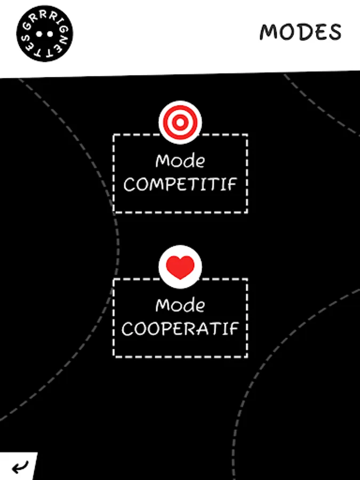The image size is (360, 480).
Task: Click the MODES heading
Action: [300, 32]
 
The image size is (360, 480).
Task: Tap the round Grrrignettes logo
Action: [45, 34]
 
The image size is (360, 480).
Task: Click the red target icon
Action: [180, 122]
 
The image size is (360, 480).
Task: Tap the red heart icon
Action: [180, 267]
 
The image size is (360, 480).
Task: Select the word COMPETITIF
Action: [180, 185]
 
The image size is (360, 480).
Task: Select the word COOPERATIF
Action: [180, 329]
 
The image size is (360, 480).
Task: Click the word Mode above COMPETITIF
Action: [180, 161]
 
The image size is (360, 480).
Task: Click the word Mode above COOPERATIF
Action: [180, 305]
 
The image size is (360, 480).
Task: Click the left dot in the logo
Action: [39, 34]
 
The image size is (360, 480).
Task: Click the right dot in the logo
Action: [50, 34]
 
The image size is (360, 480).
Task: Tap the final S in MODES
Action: [335, 32]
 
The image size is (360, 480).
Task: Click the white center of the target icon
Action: [180, 122]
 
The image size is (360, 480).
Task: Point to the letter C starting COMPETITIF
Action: [129, 185]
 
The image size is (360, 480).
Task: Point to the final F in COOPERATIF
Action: [234, 329]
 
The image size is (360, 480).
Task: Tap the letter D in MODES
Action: [305, 32]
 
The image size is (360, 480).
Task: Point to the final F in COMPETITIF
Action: [233, 185]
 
